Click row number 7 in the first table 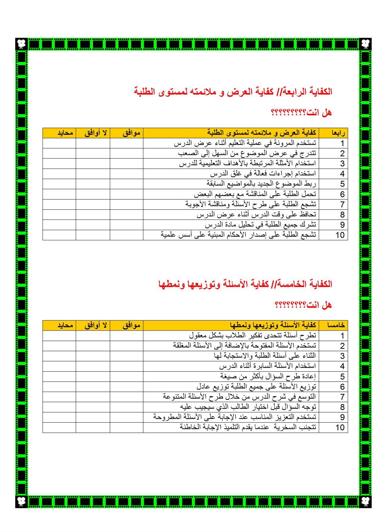342,204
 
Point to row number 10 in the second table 340,427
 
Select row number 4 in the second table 342,366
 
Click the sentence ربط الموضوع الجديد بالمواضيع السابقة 261,184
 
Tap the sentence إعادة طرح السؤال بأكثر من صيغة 268,376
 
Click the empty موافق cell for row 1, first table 126,143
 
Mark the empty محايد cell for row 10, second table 59,427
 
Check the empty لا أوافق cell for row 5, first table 93,184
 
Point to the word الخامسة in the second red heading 299,284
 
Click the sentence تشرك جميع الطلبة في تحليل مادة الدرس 260,225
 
